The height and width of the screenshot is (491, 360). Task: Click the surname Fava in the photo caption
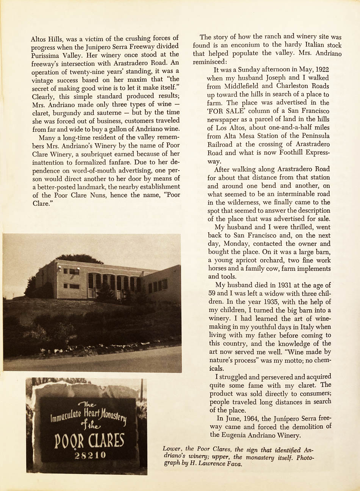[235, 464]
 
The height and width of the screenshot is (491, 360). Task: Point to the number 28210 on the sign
[90, 455]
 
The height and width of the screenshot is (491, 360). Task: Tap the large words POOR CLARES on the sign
[89, 441]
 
